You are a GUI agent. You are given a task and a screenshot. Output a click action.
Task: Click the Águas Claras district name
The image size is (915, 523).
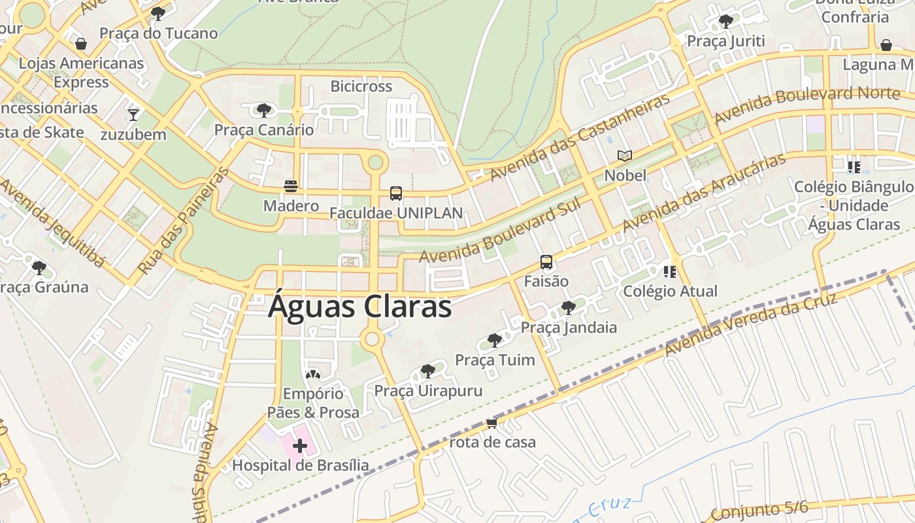[x=359, y=306]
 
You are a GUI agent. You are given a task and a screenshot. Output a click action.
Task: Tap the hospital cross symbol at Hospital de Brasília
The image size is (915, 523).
[x=300, y=446]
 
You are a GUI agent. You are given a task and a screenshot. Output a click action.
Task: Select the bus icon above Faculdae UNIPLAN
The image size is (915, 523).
[x=396, y=194]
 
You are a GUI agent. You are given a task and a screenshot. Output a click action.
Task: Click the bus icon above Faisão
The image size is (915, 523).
[x=546, y=262]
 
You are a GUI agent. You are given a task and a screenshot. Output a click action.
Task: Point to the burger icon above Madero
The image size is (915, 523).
[x=291, y=186]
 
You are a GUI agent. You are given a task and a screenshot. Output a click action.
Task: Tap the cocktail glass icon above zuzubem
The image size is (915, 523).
[x=133, y=115]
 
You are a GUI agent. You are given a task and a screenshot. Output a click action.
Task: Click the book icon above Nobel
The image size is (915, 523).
[x=625, y=156]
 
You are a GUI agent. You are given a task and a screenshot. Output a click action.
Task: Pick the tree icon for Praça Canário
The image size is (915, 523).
[x=264, y=110]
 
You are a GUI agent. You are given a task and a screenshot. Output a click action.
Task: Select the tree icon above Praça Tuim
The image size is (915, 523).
[x=495, y=341]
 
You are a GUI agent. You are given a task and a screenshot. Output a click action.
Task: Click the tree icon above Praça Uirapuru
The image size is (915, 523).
[x=428, y=371]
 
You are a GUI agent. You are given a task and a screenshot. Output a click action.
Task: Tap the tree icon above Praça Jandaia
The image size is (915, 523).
[x=569, y=307]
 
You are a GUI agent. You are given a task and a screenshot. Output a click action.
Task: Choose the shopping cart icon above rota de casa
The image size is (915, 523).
[x=492, y=423]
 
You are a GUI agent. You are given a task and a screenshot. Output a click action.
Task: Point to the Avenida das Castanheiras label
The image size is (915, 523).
[x=580, y=137]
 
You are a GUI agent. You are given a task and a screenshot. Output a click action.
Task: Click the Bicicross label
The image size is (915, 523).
[x=361, y=86]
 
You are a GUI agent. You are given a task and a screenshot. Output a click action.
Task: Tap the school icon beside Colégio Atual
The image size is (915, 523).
[x=670, y=271]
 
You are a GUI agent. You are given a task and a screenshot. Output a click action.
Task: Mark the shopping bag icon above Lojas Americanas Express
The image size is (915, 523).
[x=81, y=44]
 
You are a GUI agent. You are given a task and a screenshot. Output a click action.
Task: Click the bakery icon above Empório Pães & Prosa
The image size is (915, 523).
[x=313, y=375]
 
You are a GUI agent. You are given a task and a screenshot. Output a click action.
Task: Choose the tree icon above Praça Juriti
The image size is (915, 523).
[x=725, y=22]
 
